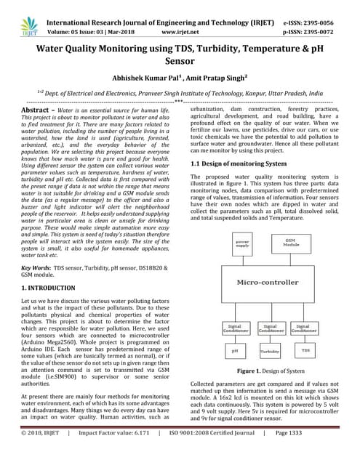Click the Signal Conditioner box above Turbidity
tap(269, 328)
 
